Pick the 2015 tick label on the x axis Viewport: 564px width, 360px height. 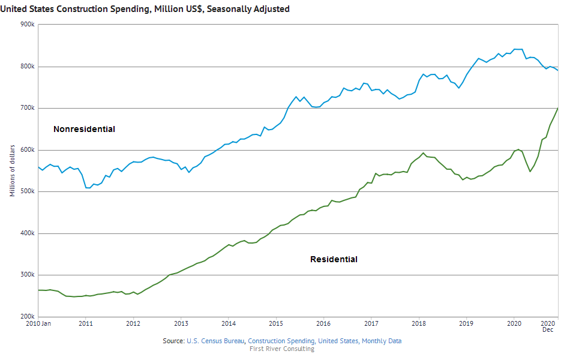[275, 323]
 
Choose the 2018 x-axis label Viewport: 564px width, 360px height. [418, 323]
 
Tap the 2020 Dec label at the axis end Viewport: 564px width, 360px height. [548, 326]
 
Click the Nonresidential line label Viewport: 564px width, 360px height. [84, 129]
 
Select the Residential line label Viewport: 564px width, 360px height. [334, 259]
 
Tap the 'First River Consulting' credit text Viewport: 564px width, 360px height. [281, 349]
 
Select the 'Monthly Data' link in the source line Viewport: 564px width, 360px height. [382, 341]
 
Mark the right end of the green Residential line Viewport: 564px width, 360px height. [558, 108]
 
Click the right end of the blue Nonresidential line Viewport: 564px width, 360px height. [558, 71]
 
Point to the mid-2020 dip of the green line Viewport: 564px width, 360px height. [530, 172]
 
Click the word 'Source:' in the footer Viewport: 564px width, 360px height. [174, 341]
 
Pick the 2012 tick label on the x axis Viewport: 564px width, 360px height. [133, 323]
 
